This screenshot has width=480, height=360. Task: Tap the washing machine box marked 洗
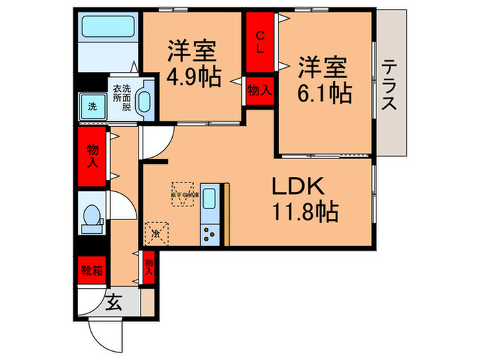[x=91, y=106]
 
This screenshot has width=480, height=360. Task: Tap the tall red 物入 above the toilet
[x=93, y=157]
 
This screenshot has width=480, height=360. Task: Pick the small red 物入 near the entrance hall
[x=148, y=266]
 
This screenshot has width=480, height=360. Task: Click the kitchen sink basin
[x=209, y=200]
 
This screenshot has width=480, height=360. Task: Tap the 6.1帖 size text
[x=324, y=93]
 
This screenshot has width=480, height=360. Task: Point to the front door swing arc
[x=100, y=331]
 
